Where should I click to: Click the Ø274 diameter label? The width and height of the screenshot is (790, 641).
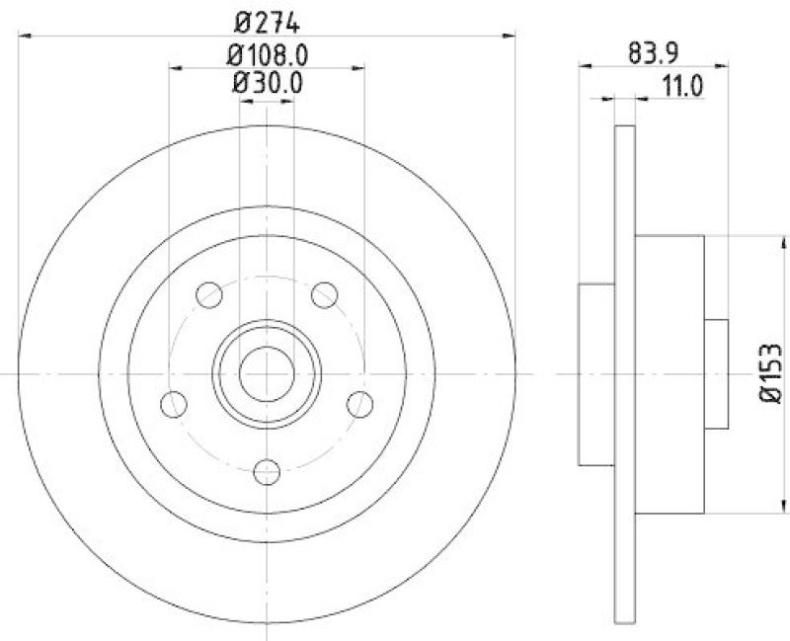click(267, 18)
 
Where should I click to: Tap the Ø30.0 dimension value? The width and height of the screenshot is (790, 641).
click(267, 84)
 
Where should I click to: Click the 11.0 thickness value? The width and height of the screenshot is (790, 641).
click(680, 85)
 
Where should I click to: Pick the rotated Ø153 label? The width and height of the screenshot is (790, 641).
click(770, 374)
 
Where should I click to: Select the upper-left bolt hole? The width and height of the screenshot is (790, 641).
click(209, 294)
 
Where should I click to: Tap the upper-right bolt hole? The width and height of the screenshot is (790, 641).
click(324, 294)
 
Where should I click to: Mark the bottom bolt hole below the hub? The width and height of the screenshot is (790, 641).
click(267, 472)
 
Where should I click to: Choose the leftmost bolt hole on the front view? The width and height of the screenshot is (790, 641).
click(174, 404)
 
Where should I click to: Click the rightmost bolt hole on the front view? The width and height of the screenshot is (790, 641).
click(360, 404)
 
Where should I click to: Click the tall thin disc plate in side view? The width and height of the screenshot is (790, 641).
click(624, 374)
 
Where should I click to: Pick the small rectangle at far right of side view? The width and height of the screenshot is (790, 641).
click(716, 374)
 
